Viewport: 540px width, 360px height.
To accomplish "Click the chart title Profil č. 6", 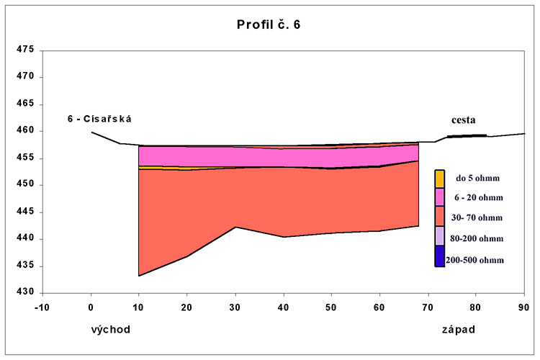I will (x=269, y=24).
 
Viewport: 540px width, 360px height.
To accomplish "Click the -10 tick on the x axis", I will (x=42, y=307).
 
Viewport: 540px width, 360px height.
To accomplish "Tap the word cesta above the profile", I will (x=463, y=120).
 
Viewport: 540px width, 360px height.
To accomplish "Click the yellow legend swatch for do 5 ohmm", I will (x=439, y=179).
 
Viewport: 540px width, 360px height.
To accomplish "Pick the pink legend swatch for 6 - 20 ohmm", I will (x=439, y=197).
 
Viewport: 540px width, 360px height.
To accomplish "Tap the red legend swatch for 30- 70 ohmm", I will (x=439, y=217).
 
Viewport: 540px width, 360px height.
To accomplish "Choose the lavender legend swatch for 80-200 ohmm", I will (x=439, y=236).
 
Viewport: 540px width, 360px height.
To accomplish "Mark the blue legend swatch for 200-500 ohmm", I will (x=439, y=256).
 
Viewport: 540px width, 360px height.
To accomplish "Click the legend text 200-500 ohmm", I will (x=474, y=260).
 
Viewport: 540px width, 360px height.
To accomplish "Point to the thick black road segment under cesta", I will (x=467, y=135).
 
